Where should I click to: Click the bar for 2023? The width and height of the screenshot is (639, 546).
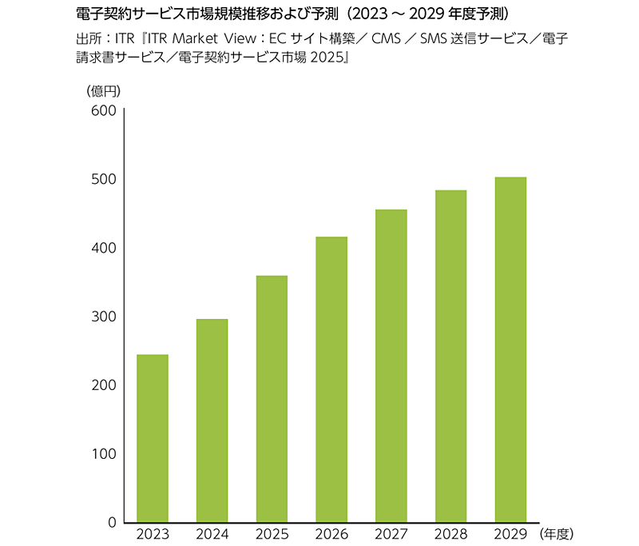click(x=153, y=438)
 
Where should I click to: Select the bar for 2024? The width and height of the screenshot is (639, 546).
click(x=212, y=420)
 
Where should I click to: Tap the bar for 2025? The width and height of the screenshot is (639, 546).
click(x=272, y=399)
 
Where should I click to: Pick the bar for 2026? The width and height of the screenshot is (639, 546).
click(x=331, y=379)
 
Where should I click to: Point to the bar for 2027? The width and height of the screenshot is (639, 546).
click(x=391, y=365)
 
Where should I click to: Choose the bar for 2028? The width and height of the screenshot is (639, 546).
click(x=450, y=356)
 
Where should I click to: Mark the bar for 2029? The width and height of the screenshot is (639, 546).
click(x=510, y=349)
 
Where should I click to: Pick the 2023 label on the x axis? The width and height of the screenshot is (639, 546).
click(x=153, y=533)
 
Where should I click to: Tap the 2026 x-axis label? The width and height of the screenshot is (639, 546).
click(x=331, y=533)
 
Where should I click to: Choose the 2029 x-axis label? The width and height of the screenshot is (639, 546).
click(x=510, y=533)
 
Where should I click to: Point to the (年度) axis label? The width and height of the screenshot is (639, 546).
click(x=557, y=533)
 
